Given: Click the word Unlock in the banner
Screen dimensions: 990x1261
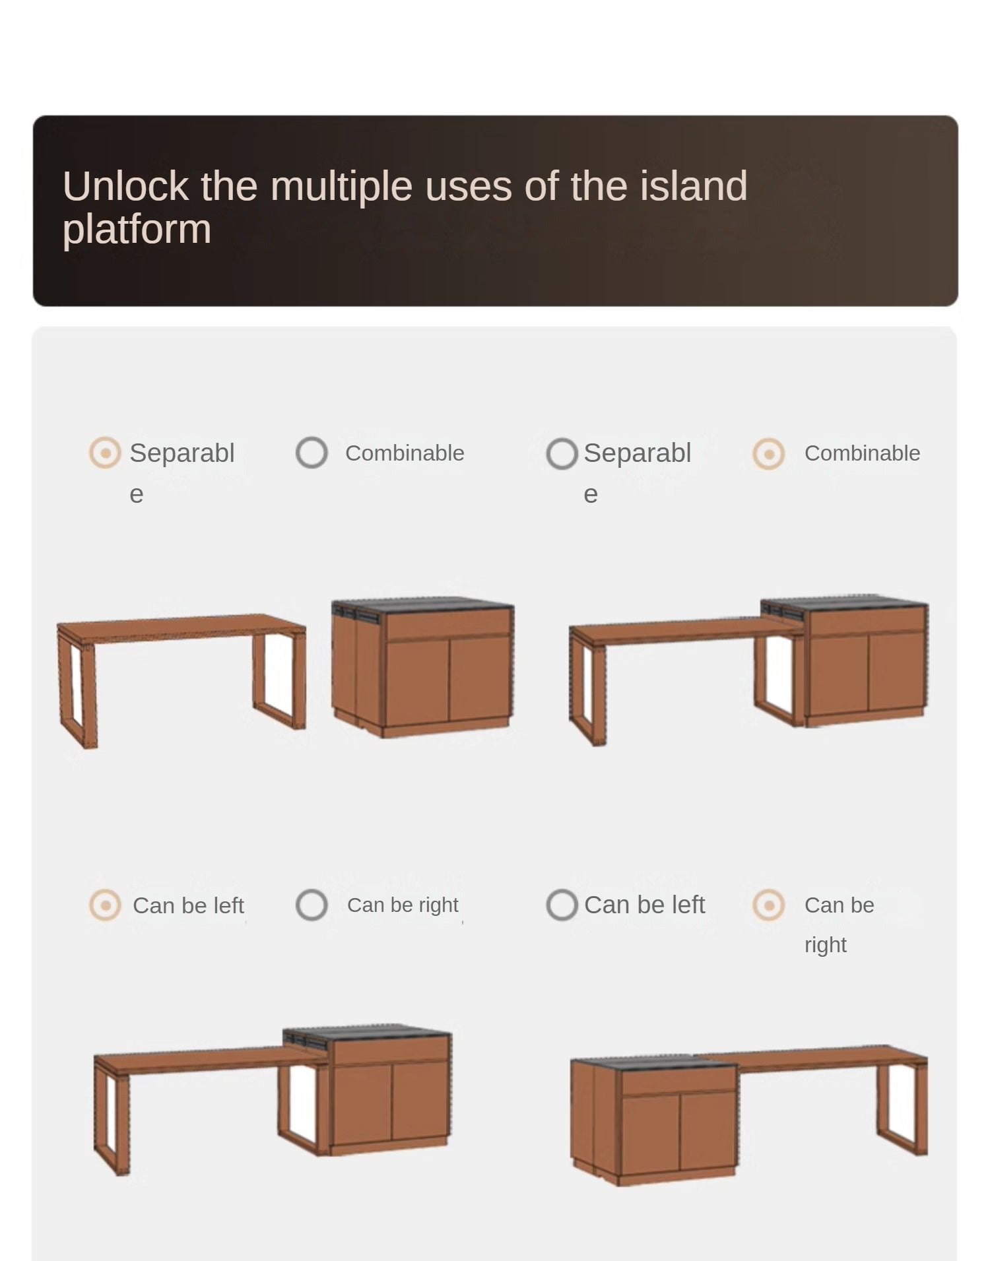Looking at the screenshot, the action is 126,186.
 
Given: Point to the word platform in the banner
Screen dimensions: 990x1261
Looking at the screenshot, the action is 137,230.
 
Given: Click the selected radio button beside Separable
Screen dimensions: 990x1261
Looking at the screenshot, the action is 105,453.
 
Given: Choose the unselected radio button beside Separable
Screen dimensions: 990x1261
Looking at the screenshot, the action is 562,454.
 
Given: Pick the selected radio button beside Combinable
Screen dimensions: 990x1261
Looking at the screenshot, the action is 768,454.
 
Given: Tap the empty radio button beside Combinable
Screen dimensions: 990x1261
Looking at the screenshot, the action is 312,453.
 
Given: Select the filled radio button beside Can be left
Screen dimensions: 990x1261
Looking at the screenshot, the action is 105,905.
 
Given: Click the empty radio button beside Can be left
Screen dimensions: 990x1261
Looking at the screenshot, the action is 562,905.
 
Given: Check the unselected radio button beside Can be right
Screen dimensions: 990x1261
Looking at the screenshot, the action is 312,905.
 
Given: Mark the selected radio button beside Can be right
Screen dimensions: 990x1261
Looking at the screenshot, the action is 768,905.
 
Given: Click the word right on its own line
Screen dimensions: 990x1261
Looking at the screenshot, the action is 825,945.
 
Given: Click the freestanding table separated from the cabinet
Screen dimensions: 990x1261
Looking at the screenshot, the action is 181,680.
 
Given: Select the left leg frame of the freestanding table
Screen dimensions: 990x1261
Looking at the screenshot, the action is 77,690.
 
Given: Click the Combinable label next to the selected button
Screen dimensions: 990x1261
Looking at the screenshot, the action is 862,453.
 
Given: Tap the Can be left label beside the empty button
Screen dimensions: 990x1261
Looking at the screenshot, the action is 645,905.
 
